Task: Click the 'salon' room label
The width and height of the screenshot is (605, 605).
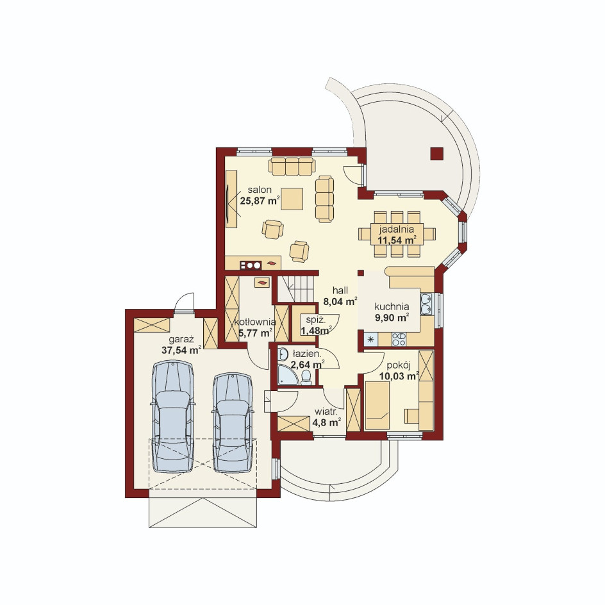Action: point(260,190)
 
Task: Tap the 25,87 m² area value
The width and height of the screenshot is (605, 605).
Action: point(260,201)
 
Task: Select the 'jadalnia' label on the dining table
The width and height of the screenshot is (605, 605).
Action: point(396,229)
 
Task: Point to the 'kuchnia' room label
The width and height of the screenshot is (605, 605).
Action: point(392,307)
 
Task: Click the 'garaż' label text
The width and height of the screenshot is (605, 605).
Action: point(181,340)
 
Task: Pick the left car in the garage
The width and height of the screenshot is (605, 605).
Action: point(172,417)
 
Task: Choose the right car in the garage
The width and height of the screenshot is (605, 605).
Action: point(233,422)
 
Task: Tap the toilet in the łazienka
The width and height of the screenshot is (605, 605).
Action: point(306,377)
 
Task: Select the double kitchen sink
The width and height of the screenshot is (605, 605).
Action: point(426,304)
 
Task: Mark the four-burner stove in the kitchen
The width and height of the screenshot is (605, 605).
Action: point(399,339)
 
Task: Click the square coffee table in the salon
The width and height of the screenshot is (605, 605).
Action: point(292,199)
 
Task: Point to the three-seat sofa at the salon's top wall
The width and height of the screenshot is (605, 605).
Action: point(292,166)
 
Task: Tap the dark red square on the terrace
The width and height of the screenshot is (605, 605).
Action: point(436,154)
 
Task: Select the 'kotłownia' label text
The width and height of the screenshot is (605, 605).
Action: point(255,322)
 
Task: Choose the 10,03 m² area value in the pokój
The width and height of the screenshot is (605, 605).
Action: point(399,376)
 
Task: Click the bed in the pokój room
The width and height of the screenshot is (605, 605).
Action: point(377,405)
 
